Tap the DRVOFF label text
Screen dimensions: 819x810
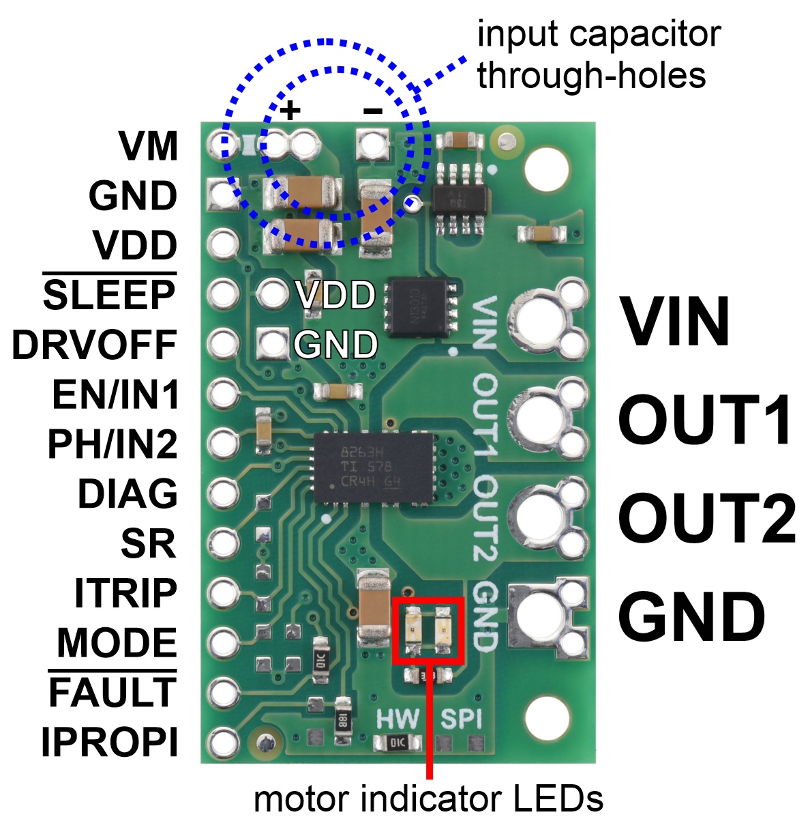(95, 345)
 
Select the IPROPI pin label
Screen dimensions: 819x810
(109, 743)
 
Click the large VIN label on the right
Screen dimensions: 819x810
(675, 322)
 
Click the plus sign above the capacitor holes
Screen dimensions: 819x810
(291, 110)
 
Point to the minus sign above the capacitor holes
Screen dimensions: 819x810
(372, 110)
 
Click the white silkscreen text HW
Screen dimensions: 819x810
(397, 719)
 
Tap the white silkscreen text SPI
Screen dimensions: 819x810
(461, 719)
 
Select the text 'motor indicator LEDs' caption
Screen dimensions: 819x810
(428, 798)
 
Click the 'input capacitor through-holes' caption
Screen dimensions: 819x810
(598, 55)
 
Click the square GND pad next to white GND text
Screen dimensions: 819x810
(273, 343)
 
